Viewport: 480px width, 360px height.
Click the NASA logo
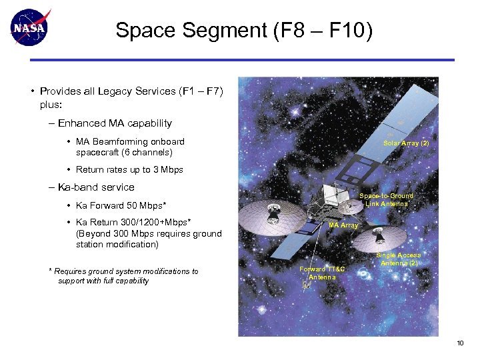point(31,28)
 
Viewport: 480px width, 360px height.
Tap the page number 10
point(459,343)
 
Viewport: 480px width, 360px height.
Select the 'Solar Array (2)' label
point(406,143)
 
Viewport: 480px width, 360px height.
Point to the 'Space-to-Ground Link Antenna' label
point(386,200)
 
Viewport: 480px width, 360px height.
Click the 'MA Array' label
point(344,225)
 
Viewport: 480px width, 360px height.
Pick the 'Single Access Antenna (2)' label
point(399,259)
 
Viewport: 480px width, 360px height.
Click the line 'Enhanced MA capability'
point(115,123)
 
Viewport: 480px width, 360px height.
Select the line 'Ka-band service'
point(96,187)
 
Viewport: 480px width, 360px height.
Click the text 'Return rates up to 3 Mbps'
point(129,170)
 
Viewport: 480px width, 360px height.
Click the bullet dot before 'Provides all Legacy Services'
point(32,91)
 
